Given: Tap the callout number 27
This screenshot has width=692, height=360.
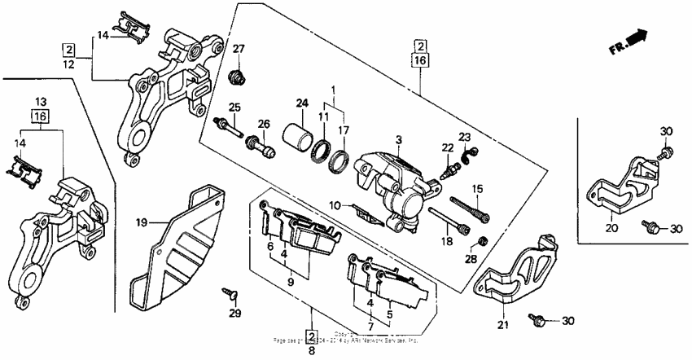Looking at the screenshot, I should tap(239, 50).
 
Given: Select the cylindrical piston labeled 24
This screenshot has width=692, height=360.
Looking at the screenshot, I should tap(298, 135).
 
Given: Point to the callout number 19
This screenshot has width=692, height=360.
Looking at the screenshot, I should tap(140, 222).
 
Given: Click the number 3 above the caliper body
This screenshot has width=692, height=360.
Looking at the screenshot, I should tap(398, 140).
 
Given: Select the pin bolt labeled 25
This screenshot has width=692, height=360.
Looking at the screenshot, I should tap(227, 128).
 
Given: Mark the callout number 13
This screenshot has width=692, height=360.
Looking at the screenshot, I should tap(42, 102).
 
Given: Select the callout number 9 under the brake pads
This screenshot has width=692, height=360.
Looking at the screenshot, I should tap(291, 281).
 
